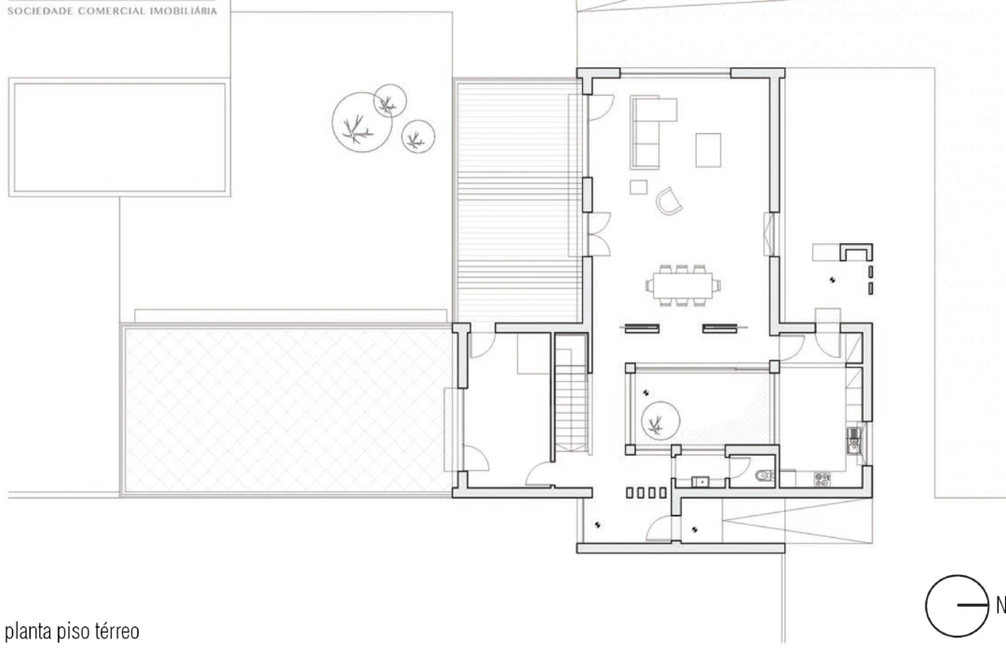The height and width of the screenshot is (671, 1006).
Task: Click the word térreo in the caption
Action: tap(117, 631)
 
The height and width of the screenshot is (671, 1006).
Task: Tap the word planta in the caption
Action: tap(28, 633)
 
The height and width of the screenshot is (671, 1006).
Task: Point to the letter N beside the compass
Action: tap(1000, 605)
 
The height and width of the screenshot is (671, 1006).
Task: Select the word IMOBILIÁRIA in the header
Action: tap(184, 11)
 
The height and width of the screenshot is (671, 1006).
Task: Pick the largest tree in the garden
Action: tap(361, 122)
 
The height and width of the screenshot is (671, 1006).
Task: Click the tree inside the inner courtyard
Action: tap(660, 421)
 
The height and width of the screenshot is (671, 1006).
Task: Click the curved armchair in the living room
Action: tap(669, 201)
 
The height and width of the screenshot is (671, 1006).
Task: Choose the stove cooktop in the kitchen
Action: tap(822, 478)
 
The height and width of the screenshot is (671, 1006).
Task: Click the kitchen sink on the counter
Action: tap(853, 441)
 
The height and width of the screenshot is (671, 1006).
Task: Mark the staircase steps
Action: tap(571, 399)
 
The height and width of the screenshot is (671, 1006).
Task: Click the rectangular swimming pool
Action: tap(120, 137)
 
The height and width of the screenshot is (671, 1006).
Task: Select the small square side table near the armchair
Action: tap(638, 186)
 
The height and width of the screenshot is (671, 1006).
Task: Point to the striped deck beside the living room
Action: tap(519, 201)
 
